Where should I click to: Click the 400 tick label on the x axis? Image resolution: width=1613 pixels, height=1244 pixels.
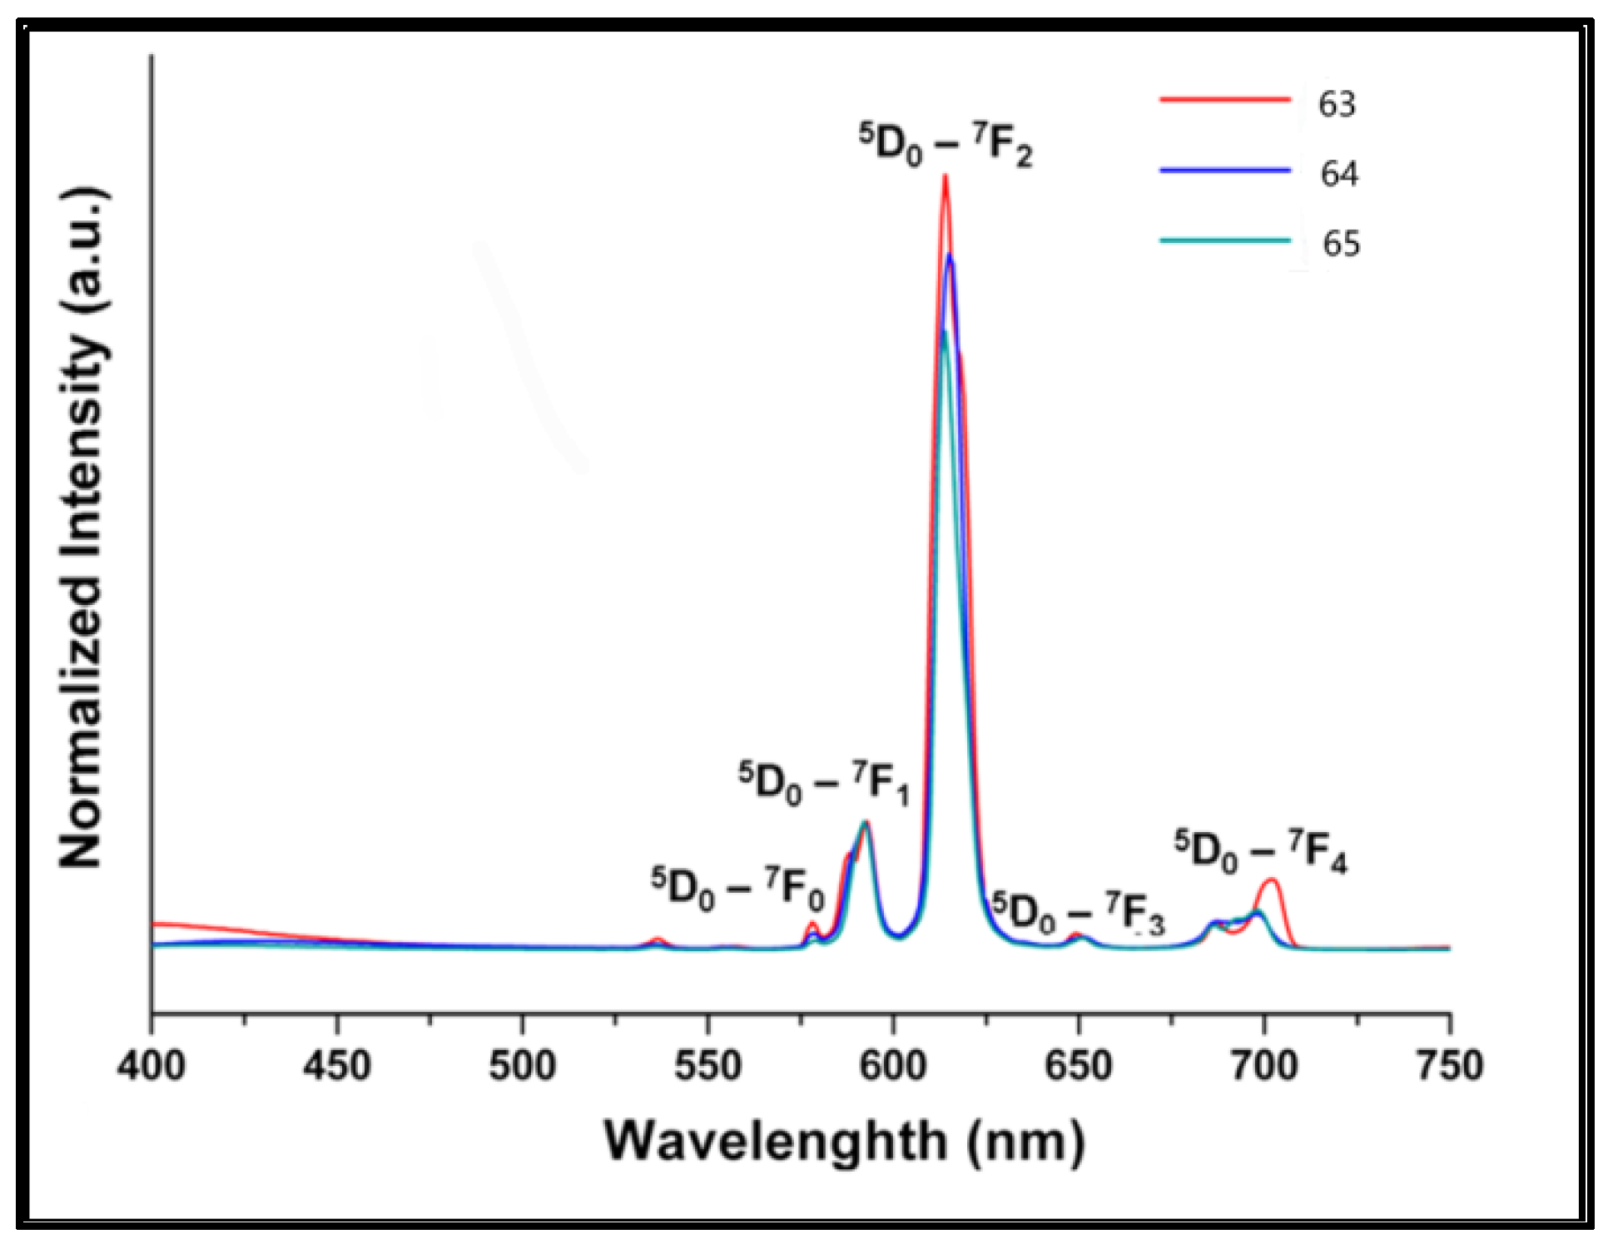(151, 1066)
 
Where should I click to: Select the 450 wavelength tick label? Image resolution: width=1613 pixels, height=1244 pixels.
(336, 1066)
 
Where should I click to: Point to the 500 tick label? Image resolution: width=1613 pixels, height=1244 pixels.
(522, 1066)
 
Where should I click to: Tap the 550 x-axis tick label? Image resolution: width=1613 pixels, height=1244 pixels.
(707, 1066)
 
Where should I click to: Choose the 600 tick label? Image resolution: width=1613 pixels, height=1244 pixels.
(893, 1066)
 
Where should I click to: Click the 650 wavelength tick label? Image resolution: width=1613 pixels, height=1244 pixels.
(1079, 1066)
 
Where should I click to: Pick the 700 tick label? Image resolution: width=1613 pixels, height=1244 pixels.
(1264, 1066)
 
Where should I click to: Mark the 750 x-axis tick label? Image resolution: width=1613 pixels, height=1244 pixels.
(1449, 1066)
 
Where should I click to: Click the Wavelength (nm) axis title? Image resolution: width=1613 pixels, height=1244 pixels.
(844, 1142)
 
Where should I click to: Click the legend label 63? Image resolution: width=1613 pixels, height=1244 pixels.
(1337, 104)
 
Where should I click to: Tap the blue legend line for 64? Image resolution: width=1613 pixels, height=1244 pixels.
(1224, 170)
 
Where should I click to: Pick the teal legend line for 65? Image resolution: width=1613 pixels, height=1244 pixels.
(1224, 240)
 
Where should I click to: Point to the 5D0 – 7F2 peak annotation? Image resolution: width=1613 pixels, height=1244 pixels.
(945, 145)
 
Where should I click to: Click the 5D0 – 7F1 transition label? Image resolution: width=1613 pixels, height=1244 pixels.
(824, 784)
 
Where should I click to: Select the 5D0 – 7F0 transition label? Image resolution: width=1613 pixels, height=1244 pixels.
(737, 890)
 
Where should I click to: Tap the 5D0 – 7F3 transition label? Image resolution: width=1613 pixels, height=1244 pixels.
(1079, 914)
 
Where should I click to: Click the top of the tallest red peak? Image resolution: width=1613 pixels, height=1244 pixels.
(945, 176)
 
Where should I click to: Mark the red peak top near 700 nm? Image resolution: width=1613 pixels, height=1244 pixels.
(1271, 880)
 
